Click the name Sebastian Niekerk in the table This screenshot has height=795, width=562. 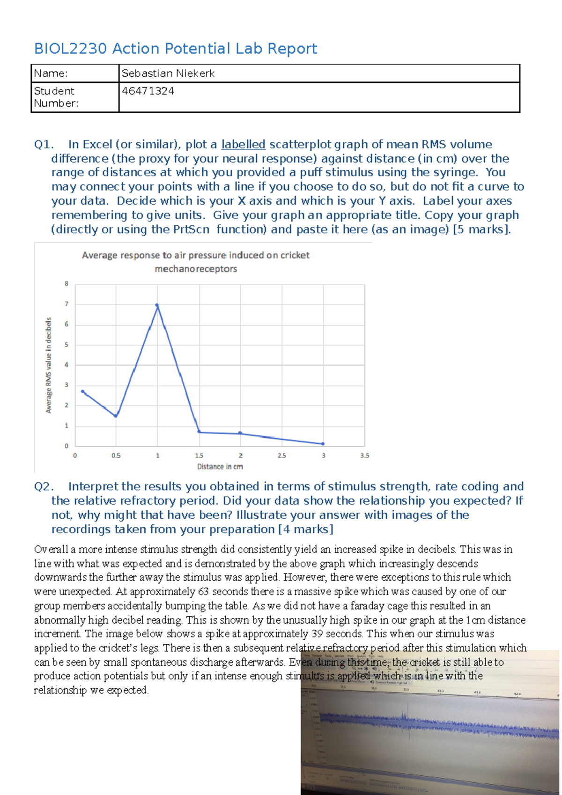pos(168,74)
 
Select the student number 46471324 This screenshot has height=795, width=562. pos(148,91)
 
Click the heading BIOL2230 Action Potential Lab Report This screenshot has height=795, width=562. pos(176,49)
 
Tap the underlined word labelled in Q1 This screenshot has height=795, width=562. pos(243,144)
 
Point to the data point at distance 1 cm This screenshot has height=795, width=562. pos(157,306)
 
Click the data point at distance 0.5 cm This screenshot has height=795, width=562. pos(116,415)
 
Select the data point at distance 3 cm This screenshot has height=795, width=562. pos(323,443)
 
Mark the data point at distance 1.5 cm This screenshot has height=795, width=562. pos(199,432)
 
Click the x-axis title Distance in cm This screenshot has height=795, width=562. pos(220,467)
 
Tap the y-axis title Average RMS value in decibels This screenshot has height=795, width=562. pos(48,365)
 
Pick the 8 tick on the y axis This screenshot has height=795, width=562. pos(67,283)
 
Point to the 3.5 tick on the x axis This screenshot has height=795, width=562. pos(364,455)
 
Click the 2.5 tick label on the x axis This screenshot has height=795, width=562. pos(281,455)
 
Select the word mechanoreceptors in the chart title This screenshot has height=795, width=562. pos(196,269)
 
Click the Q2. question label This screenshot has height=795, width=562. pos(44,486)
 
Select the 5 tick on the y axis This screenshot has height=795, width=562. pos(67,345)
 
